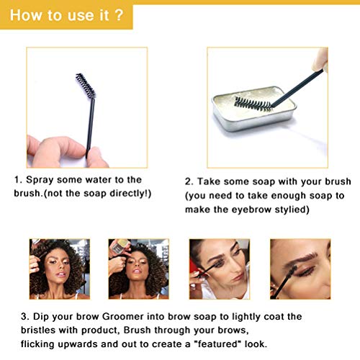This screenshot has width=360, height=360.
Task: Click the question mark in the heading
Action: [x=119, y=15]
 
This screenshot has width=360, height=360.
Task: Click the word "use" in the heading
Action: [x=80, y=16]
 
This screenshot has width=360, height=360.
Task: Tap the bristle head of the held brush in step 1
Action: [x=86, y=86]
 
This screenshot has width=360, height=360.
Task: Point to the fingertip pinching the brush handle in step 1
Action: [x=95, y=157]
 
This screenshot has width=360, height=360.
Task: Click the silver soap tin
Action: [x=254, y=109]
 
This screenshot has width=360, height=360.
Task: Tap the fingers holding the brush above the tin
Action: [x=320, y=60]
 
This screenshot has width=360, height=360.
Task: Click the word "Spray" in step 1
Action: [x=40, y=180]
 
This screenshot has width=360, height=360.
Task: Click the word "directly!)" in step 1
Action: [x=130, y=194]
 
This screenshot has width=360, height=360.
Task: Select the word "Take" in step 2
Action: [x=209, y=181]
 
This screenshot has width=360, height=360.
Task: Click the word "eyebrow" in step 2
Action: [x=251, y=210]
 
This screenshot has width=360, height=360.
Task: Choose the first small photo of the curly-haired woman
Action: [x=60, y=269]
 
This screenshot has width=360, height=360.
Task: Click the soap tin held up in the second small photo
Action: [x=122, y=246]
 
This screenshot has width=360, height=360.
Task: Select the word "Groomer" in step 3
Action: [x=123, y=317]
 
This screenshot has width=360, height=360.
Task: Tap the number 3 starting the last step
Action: [x=24, y=317]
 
